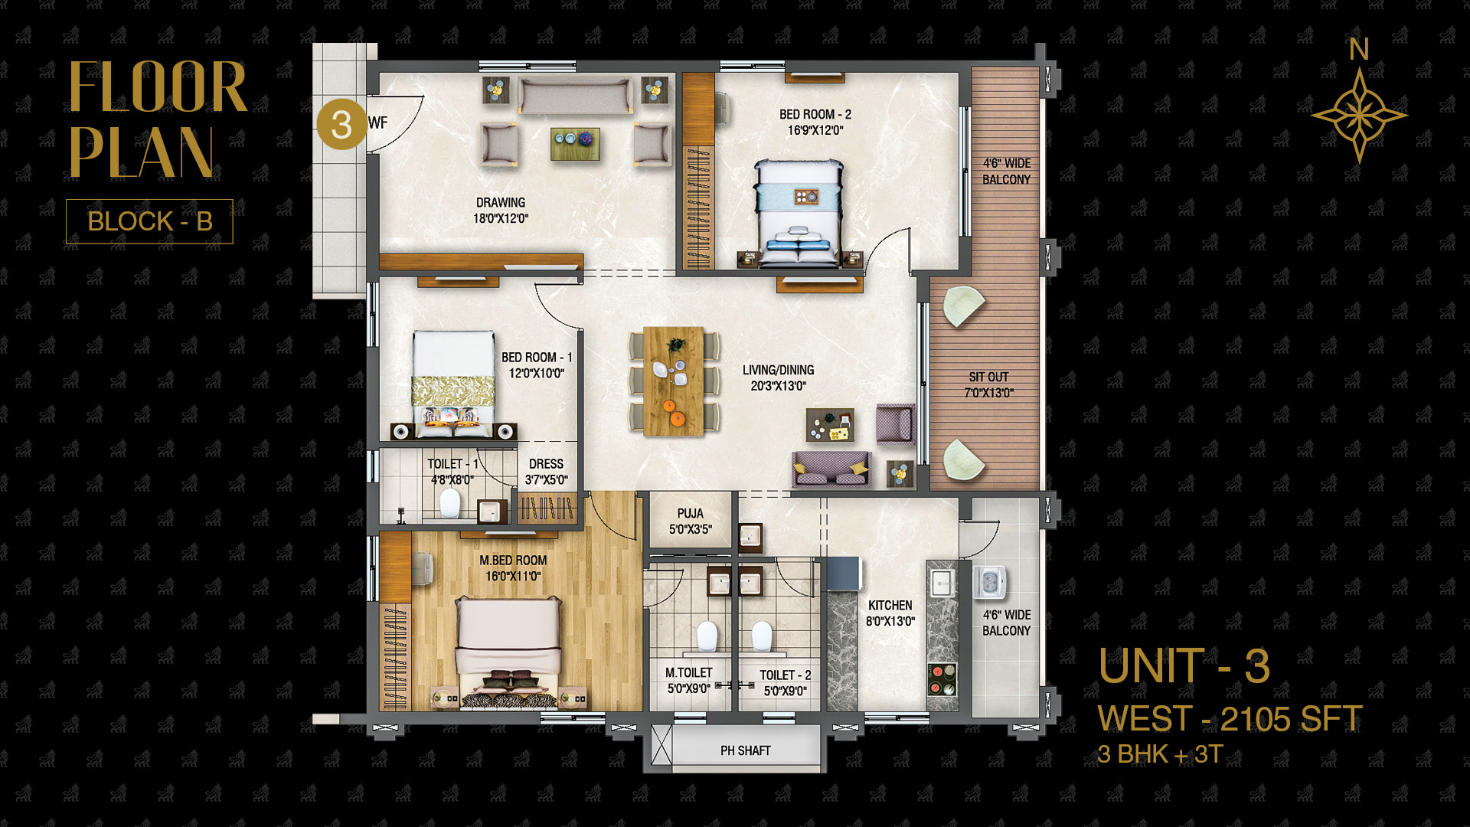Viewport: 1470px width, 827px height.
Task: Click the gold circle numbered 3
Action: pyautogui.click(x=341, y=125)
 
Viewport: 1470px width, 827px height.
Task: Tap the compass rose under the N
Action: pyautogui.click(x=1359, y=116)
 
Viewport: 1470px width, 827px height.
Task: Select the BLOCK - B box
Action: pyautogui.click(x=149, y=221)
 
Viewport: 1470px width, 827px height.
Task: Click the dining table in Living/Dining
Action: pyautogui.click(x=674, y=381)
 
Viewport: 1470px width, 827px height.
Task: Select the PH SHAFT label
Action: pyautogui.click(x=746, y=750)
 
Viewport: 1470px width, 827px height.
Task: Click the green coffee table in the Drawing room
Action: pyautogui.click(x=575, y=144)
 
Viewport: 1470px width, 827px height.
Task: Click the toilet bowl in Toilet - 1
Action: pyautogui.click(x=450, y=503)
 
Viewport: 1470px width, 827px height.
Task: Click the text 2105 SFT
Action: pyautogui.click(x=1291, y=719)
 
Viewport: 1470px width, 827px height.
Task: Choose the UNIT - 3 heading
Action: pyautogui.click(x=1184, y=666)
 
